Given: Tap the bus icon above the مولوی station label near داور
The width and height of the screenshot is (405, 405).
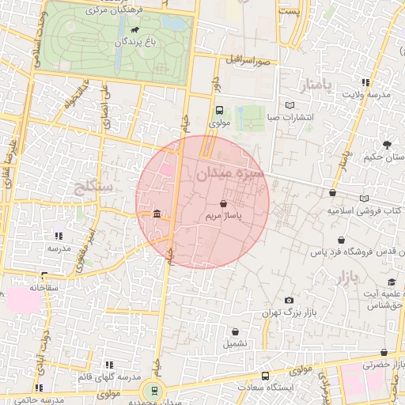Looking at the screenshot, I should pyautogui.click(x=219, y=111).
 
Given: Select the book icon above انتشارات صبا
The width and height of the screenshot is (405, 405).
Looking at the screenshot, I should pyautogui.click(x=290, y=106).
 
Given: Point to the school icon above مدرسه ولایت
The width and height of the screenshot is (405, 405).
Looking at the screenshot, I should pyautogui.click(x=365, y=82).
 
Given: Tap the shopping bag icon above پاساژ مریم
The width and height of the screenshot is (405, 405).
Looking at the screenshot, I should pyautogui.click(x=234, y=203).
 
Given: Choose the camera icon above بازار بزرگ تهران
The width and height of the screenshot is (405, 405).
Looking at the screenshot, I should pyautogui.click(x=289, y=301).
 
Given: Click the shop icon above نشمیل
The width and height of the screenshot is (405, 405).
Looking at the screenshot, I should pyautogui.click(x=235, y=331).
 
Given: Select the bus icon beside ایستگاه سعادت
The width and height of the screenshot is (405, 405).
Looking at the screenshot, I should pyautogui.click(x=264, y=376).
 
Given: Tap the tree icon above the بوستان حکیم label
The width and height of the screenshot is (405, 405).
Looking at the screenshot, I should pyautogui.click(x=387, y=144).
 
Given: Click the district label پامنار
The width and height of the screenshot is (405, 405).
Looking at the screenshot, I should pyautogui.click(x=297, y=85).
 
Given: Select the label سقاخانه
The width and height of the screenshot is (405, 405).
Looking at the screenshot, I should pyautogui.click(x=45, y=288).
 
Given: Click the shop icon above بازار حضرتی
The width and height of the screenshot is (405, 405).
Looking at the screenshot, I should pyautogui.click(x=384, y=353).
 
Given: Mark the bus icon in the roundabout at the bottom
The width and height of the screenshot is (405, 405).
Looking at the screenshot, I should pyautogui.click(x=153, y=389).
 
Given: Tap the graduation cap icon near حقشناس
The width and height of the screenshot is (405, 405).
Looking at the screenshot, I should pyautogui.click(x=390, y=282).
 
